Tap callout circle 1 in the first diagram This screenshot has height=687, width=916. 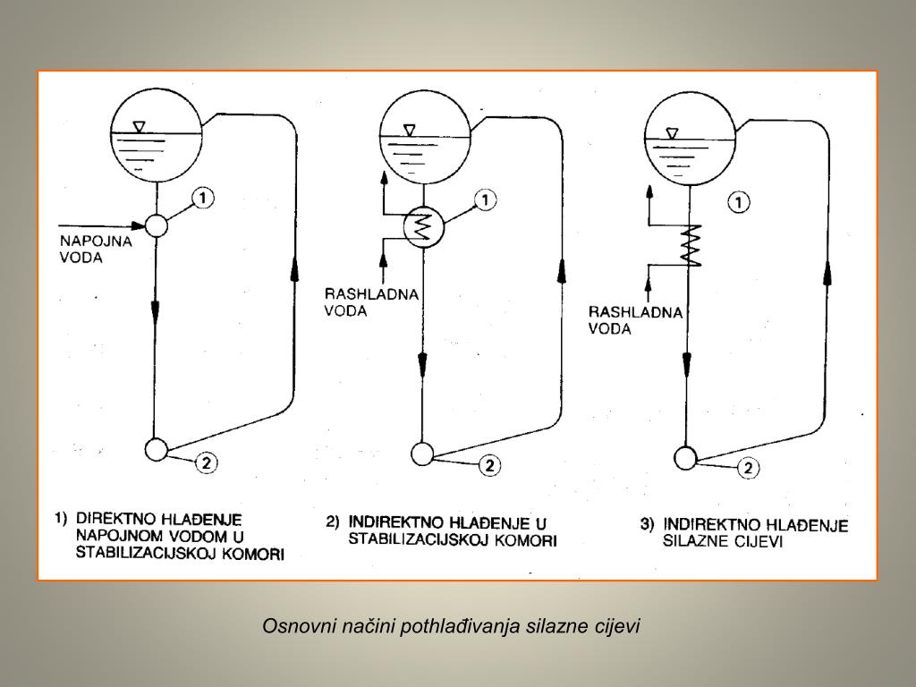pos(205,198)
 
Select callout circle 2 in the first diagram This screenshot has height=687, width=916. pos(206,462)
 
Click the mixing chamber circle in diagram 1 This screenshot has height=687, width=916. pos(156,225)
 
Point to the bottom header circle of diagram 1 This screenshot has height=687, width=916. pos(156,449)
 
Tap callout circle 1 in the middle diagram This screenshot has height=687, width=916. pos(484,200)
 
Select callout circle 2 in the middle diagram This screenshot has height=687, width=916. pos(489,466)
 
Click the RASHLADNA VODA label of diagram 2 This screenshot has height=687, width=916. pos(359,302)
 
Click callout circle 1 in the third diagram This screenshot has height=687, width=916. pos(739,203)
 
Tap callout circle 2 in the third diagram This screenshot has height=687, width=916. pos(748,468)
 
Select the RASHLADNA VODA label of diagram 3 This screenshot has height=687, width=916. pos(623,320)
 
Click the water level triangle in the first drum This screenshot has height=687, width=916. pos(138,127)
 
